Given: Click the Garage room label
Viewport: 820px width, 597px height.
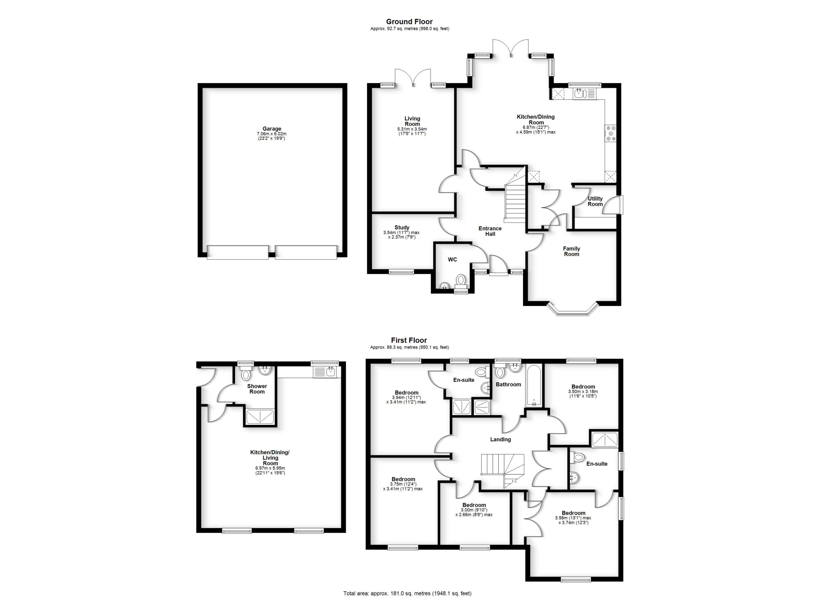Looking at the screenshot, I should pos(272,129).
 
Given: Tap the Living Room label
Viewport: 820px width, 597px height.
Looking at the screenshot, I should pos(412,121).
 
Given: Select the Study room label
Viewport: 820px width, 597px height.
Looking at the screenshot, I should pos(402,228).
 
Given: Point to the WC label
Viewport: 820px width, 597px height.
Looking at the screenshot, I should pos(452,259).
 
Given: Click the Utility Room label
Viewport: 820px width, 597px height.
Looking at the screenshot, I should pos(595,201).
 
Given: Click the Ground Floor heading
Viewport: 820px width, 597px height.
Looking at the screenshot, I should pos(409,22).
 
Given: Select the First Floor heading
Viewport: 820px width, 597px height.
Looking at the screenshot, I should pos(409,340).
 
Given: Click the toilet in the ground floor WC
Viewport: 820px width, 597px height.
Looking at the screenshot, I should pos(460,280).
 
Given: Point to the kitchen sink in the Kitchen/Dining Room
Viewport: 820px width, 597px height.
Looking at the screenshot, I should pos(579,94).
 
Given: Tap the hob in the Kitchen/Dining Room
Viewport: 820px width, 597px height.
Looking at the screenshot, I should pos(611,133).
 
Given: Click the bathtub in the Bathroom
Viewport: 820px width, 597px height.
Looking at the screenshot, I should pos(534,386).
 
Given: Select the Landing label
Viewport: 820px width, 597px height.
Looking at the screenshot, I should pos(500,439).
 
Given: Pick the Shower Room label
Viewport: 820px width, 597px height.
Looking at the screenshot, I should pos(257,389).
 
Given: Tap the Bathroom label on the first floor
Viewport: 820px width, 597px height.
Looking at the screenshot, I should pos(508,384).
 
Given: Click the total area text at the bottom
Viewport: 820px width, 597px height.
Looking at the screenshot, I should pos(407,593).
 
